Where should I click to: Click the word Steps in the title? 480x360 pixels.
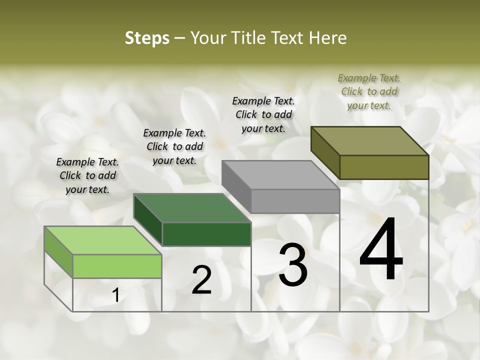147,38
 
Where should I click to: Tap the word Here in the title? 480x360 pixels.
328,38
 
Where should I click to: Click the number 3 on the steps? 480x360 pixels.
293,264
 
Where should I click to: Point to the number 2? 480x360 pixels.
201,280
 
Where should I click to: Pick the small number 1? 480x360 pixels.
116,295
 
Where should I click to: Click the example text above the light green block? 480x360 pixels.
87,175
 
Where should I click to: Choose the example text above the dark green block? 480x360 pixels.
174,146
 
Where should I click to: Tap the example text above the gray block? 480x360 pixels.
263,114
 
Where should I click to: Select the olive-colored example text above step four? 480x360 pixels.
369,91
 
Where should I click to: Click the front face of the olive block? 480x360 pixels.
384,167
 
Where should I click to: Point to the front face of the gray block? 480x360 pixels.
295,201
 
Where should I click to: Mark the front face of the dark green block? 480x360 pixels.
206,234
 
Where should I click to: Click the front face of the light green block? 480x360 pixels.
117,266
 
